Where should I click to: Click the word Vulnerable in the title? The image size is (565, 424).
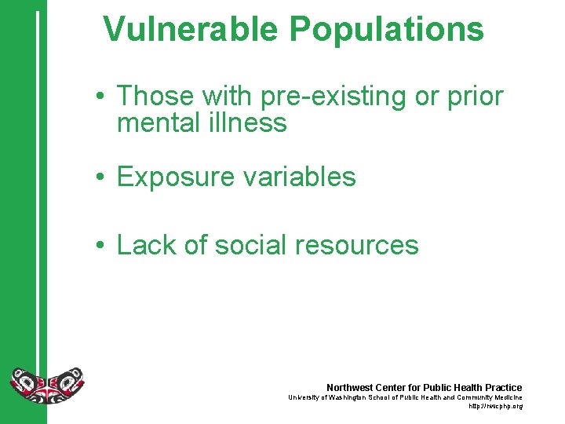[191, 30]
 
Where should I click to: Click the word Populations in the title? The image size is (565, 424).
[386, 30]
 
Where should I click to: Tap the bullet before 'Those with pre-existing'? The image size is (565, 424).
[101, 97]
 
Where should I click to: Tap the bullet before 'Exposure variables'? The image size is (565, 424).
[101, 177]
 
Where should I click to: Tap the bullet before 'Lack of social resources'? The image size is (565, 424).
[101, 246]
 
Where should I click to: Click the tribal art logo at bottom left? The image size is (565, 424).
[46, 383]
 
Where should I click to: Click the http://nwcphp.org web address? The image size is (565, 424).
[495, 406]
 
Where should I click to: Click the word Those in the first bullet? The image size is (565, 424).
[155, 97]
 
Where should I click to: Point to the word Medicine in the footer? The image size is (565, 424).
[506, 397]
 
